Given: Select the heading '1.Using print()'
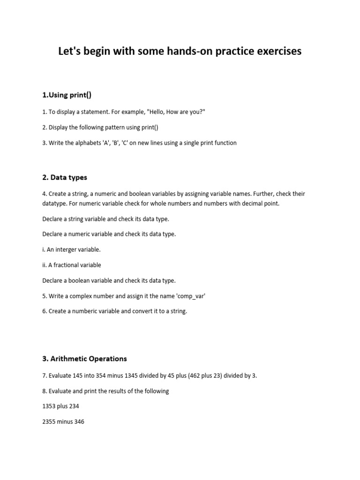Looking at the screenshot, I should click(67, 95).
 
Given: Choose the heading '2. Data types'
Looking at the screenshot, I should click(65, 178).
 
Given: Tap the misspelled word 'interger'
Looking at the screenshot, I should click(67, 249).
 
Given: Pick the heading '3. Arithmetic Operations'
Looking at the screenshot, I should click(84, 359).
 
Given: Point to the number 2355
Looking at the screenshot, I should click(50, 422).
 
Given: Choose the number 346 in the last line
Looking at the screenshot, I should click(79, 422).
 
